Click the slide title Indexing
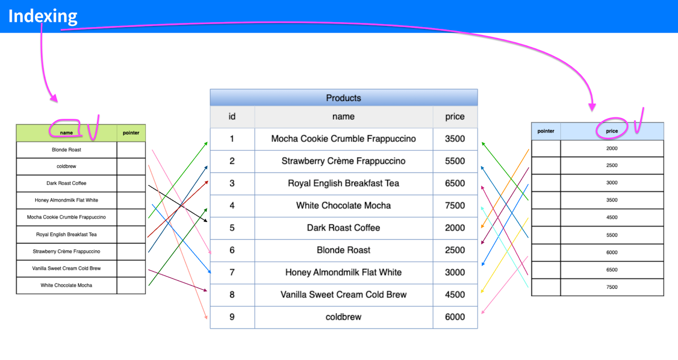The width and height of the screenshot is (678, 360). click(43, 16)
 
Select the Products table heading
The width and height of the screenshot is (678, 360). click(344, 98)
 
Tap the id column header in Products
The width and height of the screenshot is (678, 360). click(232, 116)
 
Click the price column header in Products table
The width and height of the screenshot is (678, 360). click(455, 116)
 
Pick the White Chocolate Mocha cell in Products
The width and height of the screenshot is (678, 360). click(343, 205)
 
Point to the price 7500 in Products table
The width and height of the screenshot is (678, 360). click(455, 205)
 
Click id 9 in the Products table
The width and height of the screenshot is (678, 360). click(232, 317)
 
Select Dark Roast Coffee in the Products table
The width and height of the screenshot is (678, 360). click(343, 228)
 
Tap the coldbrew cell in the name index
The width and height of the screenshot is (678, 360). click(67, 166)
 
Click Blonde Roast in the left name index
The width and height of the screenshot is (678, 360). click(67, 150)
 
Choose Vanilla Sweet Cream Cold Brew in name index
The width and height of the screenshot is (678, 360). click(67, 268)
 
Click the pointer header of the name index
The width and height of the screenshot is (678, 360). click(131, 133)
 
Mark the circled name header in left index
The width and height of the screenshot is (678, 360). click(66, 133)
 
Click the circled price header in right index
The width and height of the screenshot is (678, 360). click(611, 131)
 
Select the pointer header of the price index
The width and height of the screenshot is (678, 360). click(546, 131)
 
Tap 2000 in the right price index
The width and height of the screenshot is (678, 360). click(611, 148)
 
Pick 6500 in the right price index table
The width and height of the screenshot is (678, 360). click(611, 270)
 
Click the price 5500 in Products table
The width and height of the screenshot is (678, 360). click(455, 161)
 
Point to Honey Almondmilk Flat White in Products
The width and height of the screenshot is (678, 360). click(343, 272)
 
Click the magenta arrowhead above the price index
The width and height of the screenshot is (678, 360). click(592, 107)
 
